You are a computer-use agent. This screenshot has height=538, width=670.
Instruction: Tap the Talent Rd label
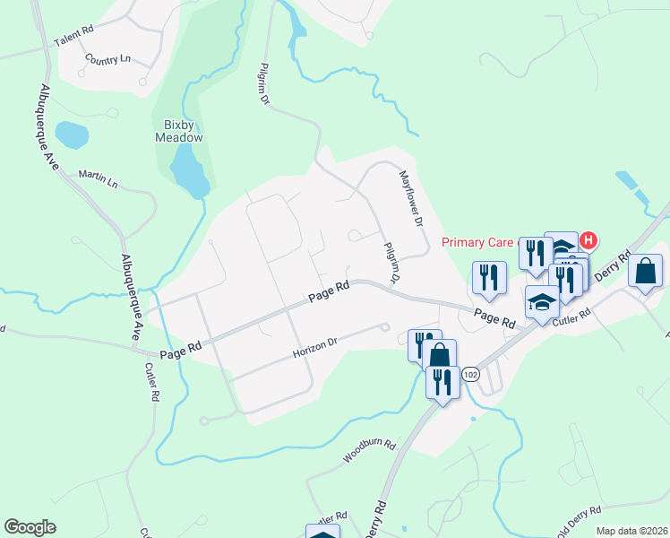(x=73, y=42)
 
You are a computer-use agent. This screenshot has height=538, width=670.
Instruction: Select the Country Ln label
(x=107, y=59)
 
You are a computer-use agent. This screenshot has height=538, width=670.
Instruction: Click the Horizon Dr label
(x=314, y=347)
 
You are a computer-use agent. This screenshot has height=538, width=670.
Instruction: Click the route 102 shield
(x=472, y=373)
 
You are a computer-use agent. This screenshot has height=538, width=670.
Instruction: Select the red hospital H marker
(x=588, y=239)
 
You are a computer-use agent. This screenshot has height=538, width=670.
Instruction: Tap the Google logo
(x=30, y=527)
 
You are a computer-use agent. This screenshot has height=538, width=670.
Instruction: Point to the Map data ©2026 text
(x=631, y=531)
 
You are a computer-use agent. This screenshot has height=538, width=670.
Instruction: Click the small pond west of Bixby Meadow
(x=72, y=135)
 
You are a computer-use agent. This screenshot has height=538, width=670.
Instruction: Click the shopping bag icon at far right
(x=646, y=271)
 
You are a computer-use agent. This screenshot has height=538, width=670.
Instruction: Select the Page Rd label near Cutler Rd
(x=495, y=317)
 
